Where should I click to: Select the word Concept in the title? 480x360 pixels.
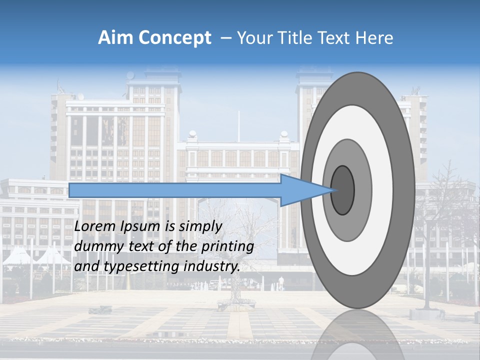click(175, 38)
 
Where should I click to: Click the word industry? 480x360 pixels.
click(212, 266)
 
